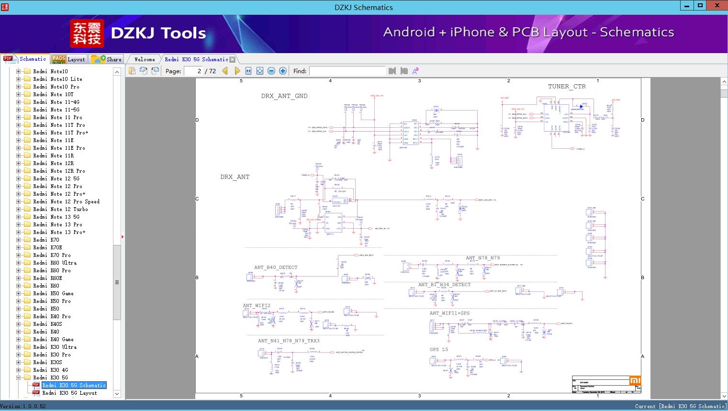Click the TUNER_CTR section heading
(567, 87)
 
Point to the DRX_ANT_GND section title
(284, 96)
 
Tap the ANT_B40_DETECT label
(276, 267)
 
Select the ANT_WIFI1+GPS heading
(449, 313)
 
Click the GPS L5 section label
(439, 350)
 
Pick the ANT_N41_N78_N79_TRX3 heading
(289, 341)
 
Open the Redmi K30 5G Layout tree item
(69, 393)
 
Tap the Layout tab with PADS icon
(68, 59)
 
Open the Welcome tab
(145, 59)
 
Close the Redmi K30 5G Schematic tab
(233, 60)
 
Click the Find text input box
(347, 71)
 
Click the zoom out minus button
(271, 71)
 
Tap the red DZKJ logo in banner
(87, 33)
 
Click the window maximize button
(700, 6)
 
